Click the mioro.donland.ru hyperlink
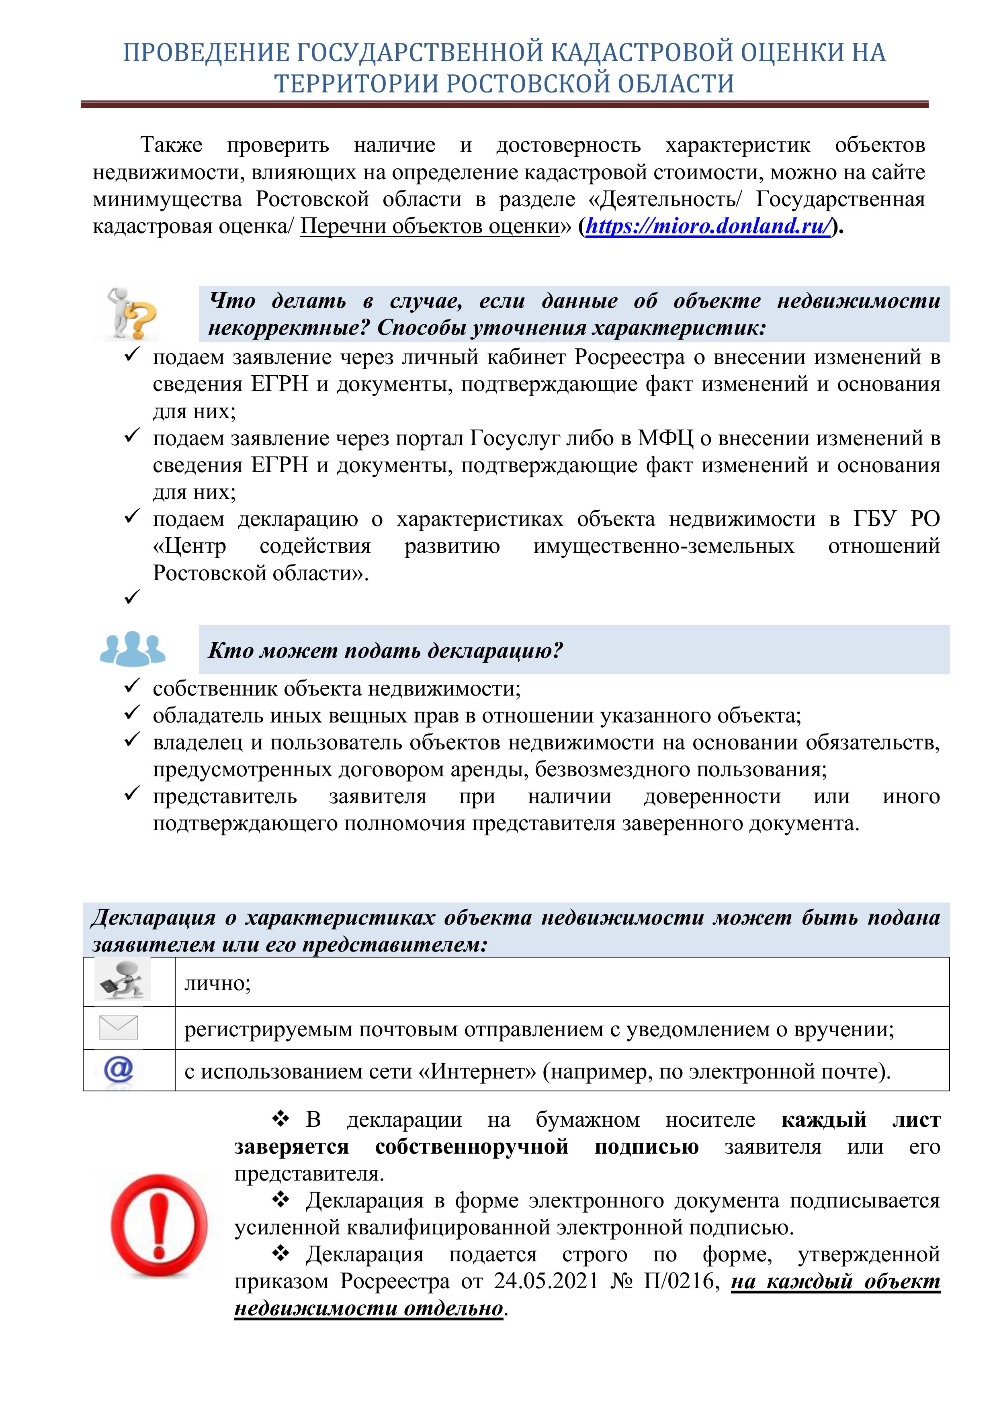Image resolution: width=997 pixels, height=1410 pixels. pos(708,227)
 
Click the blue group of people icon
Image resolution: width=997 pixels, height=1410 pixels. pos(132,649)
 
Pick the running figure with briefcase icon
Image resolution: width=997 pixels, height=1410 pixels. pos(122,981)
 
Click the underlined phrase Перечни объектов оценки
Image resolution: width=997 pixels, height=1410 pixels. pos(430,227)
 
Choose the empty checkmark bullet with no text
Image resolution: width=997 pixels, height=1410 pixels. pos(132,598)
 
